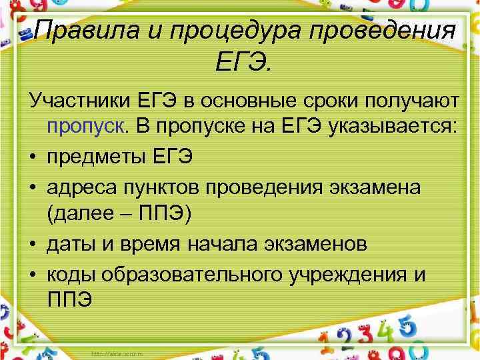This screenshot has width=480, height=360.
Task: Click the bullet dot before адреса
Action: pyautogui.click(x=33, y=187)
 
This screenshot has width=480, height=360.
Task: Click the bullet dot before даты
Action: pyautogui.click(x=33, y=245)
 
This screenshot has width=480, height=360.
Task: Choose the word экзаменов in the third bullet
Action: pyautogui.click(x=312, y=245)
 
